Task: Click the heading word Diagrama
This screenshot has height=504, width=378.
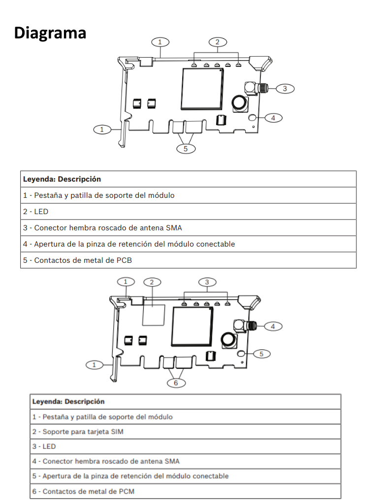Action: [50, 32]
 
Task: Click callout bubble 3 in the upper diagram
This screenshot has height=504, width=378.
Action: [284, 89]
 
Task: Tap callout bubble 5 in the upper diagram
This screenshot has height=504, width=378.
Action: [186, 148]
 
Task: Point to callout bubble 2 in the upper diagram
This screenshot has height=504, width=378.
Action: [218, 42]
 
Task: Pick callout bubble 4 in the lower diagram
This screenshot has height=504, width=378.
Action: [273, 326]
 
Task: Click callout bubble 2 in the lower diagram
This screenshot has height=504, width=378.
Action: [152, 282]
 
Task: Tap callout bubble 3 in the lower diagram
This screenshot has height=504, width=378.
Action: [207, 282]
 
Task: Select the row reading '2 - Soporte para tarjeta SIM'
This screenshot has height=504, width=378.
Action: [185, 432]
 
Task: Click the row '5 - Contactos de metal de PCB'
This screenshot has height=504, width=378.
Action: [188, 260]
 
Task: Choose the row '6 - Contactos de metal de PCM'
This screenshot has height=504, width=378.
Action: [185, 491]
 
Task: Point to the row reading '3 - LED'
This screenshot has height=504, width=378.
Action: [185, 446]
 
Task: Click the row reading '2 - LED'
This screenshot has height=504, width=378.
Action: [188, 212]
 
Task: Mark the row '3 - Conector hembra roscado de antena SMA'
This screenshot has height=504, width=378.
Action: [188, 228]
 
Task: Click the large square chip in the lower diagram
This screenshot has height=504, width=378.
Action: [192, 326]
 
